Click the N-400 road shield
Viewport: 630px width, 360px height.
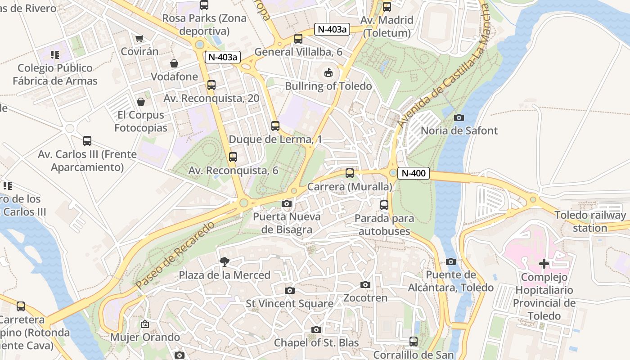[x=414, y=173]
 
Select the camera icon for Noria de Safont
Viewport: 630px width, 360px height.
[x=459, y=117]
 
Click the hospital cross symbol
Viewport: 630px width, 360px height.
[x=544, y=264]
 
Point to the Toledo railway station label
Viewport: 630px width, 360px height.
[x=590, y=221]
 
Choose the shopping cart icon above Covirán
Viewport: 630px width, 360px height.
[x=139, y=39]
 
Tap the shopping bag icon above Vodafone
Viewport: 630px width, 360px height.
[x=174, y=63]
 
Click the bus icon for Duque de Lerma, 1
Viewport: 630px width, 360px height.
[x=275, y=126]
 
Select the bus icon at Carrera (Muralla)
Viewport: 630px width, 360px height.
[x=350, y=173]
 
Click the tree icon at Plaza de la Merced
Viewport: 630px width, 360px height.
[x=224, y=261]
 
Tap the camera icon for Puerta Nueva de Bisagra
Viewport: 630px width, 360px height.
[x=286, y=204]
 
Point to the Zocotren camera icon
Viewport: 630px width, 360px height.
[x=365, y=284]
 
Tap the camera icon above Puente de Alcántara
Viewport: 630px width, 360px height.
[x=451, y=261]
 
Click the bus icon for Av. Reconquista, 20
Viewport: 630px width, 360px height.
[x=211, y=85]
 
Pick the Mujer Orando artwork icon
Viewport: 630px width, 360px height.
[x=145, y=324]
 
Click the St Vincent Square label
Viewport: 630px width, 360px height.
[x=290, y=304]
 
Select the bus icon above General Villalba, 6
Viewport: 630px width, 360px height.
[x=298, y=39]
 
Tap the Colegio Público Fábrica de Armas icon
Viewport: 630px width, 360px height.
[x=55, y=55]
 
